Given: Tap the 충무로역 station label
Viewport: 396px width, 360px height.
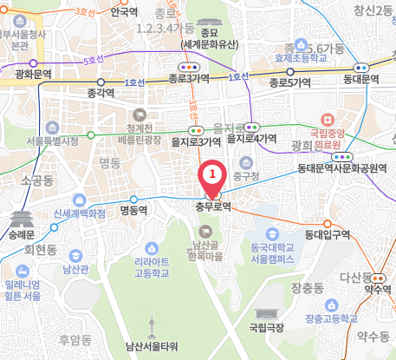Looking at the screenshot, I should coord(213,208).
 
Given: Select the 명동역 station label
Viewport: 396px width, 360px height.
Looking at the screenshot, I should coord(135,209).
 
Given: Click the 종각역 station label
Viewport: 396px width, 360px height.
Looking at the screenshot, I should coord(102,90).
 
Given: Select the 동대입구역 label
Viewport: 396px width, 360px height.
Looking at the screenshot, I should coord(327,234).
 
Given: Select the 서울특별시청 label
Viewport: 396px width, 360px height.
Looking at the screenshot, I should coord(52,140).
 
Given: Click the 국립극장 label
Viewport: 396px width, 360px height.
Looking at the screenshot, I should coord(266,328).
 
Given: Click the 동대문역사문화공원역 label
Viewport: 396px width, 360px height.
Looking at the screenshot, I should coord(341,167).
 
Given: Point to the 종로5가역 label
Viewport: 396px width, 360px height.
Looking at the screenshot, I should coord(289,83).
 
